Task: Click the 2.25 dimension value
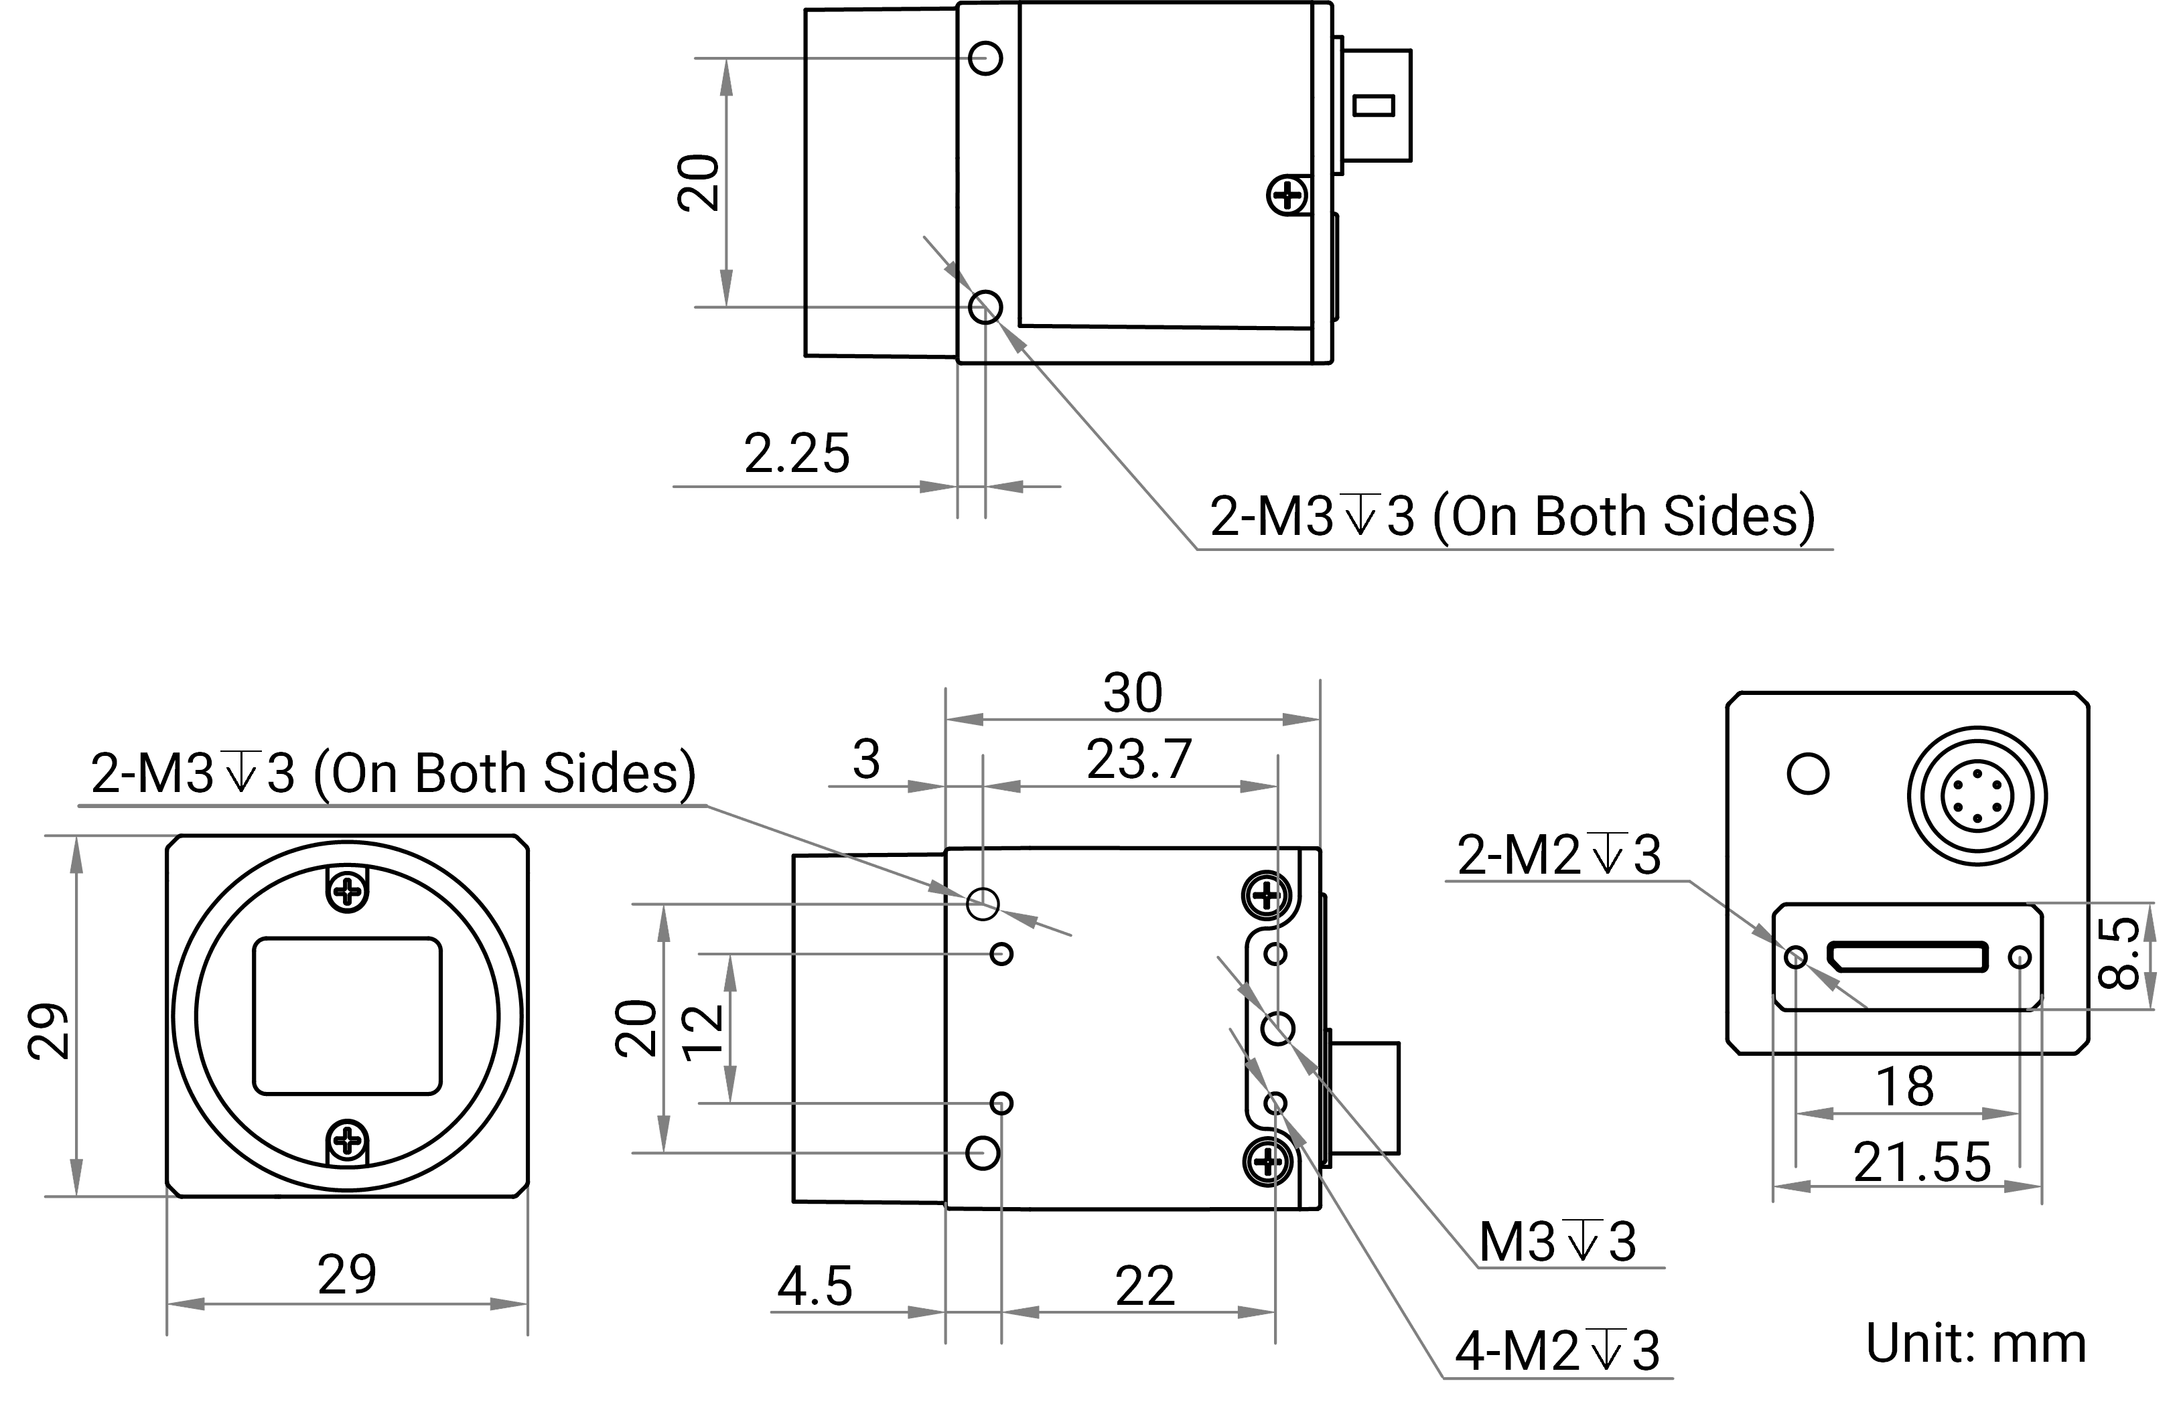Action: coord(796,453)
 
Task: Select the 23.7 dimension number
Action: coord(1139,759)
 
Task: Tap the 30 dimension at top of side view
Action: coord(1133,693)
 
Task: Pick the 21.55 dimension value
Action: coord(1922,1162)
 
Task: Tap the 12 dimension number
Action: coord(705,1032)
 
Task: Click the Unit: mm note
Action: coord(1976,1343)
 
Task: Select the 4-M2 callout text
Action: coord(1558,1350)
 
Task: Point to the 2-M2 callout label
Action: coord(1559,855)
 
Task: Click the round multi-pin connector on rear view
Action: coord(1977,795)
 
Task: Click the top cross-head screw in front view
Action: coord(347,890)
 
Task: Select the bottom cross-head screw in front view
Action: coord(347,1141)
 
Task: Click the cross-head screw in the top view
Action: coord(1287,195)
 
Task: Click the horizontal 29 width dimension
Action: coord(347,1274)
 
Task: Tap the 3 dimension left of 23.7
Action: coord(866,759)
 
